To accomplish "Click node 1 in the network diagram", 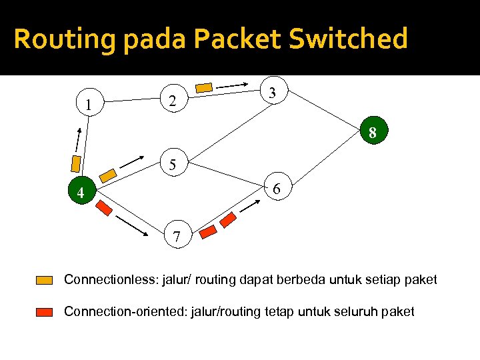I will tap(88, 105).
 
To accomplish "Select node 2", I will tap(173, 101).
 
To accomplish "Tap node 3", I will tap(273, 93).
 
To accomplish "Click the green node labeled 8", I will tap(373, 133).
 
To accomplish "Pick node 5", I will tap(173, 165).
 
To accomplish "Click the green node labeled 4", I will tap(80, 194).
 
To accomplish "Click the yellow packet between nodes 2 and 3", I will tap(205, 87).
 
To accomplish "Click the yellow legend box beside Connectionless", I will tap(45, 280).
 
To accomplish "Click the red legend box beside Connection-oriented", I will tap(45, 311).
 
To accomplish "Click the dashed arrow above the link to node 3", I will tap(237, 85).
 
